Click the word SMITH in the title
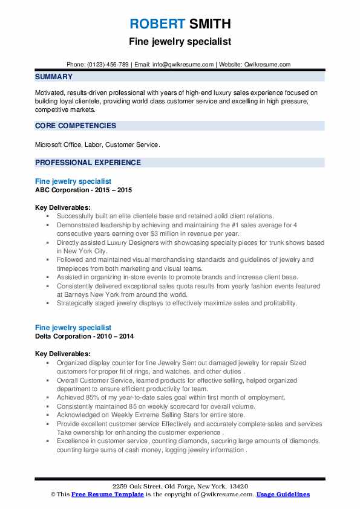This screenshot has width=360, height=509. click(x=209, y=24)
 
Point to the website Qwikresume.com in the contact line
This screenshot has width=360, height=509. click(x=268, y=65)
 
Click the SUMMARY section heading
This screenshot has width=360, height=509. click(x=54, y=77)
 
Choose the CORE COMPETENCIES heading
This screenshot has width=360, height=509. click(x=76, y=126)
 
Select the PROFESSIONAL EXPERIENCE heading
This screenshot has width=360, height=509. click(x=88, y=163)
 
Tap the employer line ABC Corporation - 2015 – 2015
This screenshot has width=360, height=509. click(x=83, y=190)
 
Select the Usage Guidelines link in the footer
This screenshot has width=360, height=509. click(x=283, y=494)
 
